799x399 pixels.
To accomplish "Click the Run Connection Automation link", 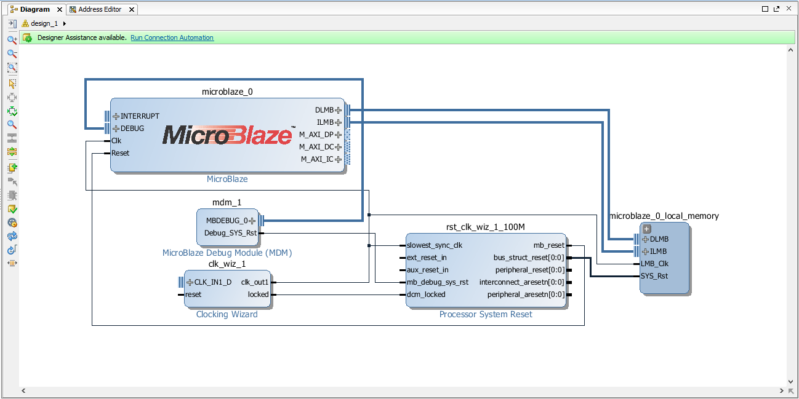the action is [172, 38].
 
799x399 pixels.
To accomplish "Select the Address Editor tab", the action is [100, 9].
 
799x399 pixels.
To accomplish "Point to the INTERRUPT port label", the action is [140, 116].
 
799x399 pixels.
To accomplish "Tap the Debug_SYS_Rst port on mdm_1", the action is [230, 233].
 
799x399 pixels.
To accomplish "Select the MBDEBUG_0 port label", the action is [227, 221].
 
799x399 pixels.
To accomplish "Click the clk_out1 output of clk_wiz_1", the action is [255, 282].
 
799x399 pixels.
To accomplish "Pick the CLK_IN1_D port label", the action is [213, 282].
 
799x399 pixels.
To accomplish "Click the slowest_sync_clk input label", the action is [435, 245].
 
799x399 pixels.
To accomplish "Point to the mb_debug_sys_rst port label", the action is [438, 282].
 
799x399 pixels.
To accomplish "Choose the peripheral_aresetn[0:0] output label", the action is [526, 294].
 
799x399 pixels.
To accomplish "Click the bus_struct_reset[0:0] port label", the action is [529, 258].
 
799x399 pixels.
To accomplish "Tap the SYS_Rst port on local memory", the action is [654, 276].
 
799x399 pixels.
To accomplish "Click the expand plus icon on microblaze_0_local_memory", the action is [647, 229].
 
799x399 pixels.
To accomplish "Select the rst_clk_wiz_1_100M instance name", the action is [486, 227].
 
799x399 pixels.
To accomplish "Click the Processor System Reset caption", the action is [486, 315].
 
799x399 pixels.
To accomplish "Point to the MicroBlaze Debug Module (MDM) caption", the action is [227, 253].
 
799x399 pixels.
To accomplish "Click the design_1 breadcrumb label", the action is [44, 23].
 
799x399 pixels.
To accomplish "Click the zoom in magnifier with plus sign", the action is [12, 40].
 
